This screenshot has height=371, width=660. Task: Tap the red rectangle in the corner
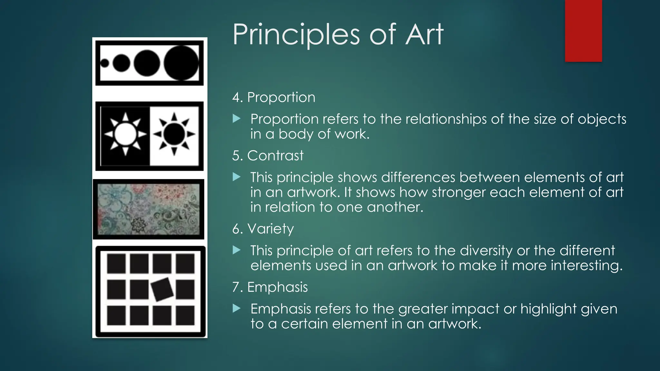point(583,31)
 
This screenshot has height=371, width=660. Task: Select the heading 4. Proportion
point(274,97)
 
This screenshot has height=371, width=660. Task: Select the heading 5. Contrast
point(267,156)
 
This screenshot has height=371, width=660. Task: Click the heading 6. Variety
point(263,229)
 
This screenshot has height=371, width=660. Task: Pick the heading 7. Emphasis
point(270,287)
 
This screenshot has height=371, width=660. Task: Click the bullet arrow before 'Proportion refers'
point(237,119)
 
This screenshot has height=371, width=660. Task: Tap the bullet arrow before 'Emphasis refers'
point(237,309)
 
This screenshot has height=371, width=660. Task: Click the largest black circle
point(181,63)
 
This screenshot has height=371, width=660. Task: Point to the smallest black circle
point(104,63)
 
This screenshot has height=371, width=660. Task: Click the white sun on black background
point(125,134)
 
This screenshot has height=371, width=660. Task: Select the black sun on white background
point(174,134)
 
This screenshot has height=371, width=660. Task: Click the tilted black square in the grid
point(162,289)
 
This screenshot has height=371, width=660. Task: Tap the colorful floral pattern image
point(149,209)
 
